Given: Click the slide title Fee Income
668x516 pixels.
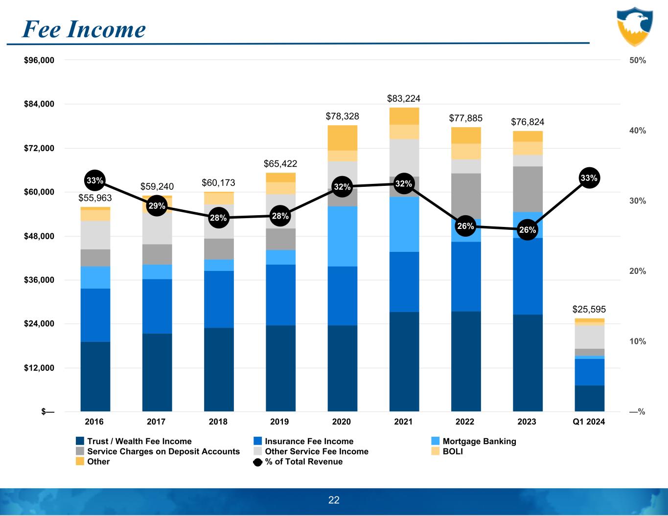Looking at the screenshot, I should click(x=84, y=29).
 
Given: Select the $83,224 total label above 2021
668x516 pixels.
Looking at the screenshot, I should click(x=403, y=99).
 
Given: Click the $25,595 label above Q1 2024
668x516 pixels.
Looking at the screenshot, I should click(x=589, y=309).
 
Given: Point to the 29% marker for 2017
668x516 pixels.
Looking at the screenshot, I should click(x=157, y=206).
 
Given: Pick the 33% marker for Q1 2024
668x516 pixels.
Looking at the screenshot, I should click(x=589, y=178).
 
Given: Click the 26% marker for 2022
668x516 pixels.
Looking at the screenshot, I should click(x=465, y=226).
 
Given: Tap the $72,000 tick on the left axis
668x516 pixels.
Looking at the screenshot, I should click(x=39, y=148).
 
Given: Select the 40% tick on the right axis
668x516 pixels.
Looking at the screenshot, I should click(x=637, y=131).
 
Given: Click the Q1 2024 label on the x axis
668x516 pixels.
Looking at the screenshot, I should click(x=589, y=422).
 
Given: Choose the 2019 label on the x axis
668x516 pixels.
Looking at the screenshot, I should click(x=280, y=422).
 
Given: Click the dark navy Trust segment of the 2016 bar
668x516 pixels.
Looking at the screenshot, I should click(x=95, y=376).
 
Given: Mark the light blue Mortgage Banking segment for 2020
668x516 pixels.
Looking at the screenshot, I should click(x=342, y=236).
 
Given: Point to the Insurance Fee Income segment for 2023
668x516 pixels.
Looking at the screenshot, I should click(x=528, y=276).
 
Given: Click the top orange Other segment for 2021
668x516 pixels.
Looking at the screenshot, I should click(x=404, y=116).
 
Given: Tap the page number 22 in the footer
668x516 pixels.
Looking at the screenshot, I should click(x=334, y=500).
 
